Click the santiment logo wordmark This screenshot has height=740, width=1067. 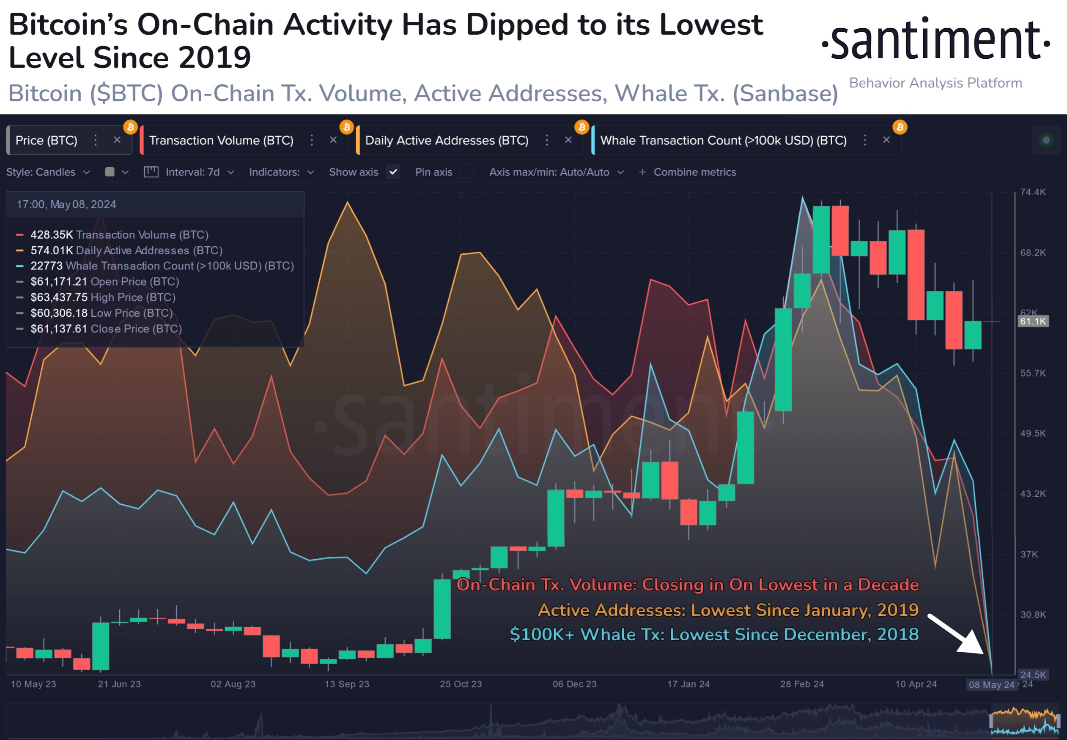[935, 41]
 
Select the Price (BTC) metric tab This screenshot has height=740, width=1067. [47, 140]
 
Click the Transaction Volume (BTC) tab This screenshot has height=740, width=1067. [221, 140]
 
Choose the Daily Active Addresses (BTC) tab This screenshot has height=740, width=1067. [447, 140]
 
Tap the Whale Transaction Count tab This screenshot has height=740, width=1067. [723, 140]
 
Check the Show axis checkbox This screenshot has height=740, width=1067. [393, 172]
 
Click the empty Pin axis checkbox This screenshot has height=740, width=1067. [467, 172]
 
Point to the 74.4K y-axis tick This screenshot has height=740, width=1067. [1033, 192]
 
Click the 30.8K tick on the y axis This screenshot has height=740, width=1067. [1033, 615]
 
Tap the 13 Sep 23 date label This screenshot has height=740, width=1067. [347, 684]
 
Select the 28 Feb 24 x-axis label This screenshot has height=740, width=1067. [801, 684]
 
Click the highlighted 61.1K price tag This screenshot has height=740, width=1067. [1033, 321]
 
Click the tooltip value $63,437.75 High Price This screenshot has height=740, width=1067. [103, 297]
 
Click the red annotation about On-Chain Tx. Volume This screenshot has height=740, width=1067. [687, 584]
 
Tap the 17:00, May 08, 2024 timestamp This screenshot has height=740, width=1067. [66, 204]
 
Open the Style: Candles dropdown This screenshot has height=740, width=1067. [48, 172]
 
